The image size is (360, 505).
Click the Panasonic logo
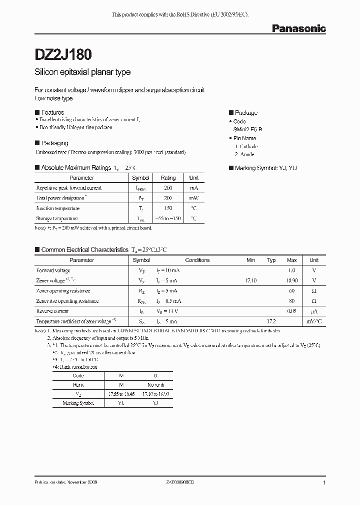(x=298, y=29)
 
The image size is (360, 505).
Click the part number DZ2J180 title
(x=63, y=53)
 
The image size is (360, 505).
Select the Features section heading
(x=52, y=113)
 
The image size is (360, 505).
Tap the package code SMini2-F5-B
(x=251, y=130)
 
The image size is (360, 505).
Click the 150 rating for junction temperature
(x=168, y=209)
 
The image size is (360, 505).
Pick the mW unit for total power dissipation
(x=194, y=198)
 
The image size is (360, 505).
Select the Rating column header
(x=168, y=178)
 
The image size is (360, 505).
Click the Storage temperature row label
(x=57, y=219)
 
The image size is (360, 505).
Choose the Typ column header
(x=271, y=260)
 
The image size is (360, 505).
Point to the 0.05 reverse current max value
(x=292, y=311)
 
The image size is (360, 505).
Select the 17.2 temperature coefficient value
(x=271, y=321)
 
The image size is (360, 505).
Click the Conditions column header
(x=197, y=260)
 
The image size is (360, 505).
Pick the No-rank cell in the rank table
(x=155, y=385)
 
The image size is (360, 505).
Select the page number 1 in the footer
(x=324, y=483)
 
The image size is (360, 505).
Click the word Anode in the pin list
(x=247, y=155)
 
